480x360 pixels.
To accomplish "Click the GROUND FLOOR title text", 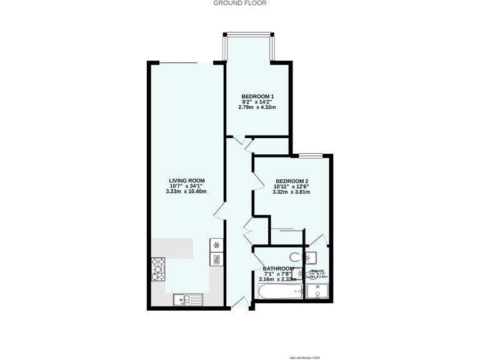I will (240, 3).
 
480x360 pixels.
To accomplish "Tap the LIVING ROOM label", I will (186, 181).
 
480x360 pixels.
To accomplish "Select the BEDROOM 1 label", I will (257, 96).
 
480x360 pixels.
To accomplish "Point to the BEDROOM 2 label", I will (292, 182).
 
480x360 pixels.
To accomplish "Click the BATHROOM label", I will (279, 269).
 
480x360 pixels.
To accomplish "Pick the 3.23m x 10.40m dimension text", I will (186, 191).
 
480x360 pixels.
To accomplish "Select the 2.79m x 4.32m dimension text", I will (257, 107).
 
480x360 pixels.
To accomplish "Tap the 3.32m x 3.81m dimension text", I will (292, 192).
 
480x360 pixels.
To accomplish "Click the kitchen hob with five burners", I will (157, 269).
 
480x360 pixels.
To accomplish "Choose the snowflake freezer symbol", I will (216, 245).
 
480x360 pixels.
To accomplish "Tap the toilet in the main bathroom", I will (296, 256).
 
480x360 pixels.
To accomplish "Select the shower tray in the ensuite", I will (318, 292).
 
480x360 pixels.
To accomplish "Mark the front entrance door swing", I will (239, 304).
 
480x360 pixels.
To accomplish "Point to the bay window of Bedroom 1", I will (249, 35).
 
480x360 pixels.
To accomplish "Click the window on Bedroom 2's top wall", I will (311, 154).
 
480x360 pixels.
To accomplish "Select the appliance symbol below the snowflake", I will (216, 259).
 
